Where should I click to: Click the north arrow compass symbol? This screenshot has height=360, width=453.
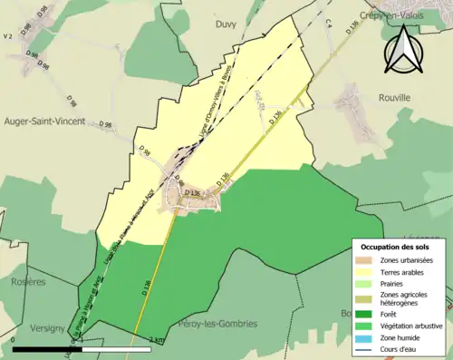[404, 51]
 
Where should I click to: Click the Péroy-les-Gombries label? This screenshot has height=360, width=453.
[218, 324]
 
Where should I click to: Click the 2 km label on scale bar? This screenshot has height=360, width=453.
[159, 341]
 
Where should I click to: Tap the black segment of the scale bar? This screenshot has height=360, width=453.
[45, 348]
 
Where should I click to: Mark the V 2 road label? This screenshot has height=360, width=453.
[7, 36]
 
